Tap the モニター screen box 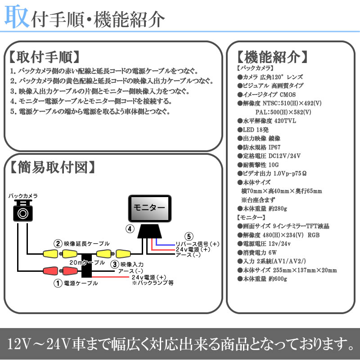150,208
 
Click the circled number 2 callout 58,243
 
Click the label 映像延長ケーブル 84,243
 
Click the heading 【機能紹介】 272,57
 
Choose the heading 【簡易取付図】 52,167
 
